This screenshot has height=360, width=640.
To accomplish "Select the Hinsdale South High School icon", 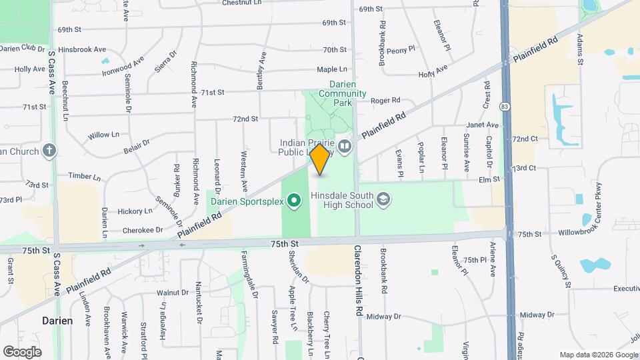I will click(x=383, y=199).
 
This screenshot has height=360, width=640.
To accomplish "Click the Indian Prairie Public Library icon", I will click(x=345, y=145).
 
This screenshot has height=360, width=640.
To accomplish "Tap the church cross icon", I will click(x=49, y=150).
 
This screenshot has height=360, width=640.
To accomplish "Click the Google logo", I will click(x=22, y=351).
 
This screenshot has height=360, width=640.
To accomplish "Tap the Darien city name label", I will click(x=57, y=321).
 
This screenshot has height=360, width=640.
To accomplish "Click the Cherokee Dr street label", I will click(x=143, y=230).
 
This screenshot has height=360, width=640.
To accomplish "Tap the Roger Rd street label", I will click(x=385, y=101).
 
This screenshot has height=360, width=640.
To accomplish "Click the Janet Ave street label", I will click(x=483, y=125).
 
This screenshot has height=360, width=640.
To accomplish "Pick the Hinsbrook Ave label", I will click(x=82, y=49).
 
